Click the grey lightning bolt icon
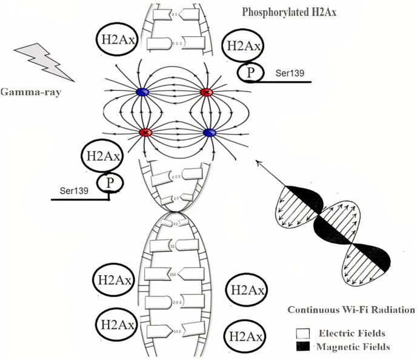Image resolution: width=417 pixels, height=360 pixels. click(49, 61)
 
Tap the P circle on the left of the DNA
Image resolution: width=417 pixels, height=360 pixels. click(110, 182)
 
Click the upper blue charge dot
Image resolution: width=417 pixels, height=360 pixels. click(143, 92)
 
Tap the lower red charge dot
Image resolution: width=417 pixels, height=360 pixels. click(145, 132)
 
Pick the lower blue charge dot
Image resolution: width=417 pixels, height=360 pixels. click(209, 132)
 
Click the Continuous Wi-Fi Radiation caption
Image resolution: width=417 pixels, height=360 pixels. click(351, 310)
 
